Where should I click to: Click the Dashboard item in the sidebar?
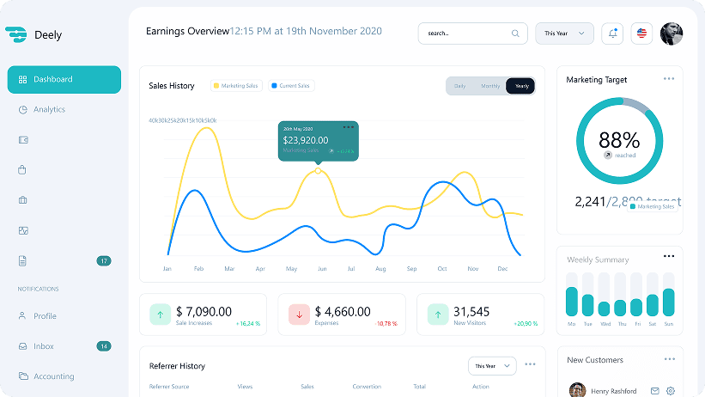(64, 79)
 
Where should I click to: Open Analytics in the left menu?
(49, 109)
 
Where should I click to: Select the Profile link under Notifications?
(45, 316)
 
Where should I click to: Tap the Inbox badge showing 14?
(104, 346)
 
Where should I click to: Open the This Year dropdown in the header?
(564, 34)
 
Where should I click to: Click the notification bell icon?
(612, 34)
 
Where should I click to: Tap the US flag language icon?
(641, 34)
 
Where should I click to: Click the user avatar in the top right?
(672, 34)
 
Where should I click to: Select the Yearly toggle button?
(520, 86)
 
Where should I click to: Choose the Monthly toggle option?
(490, 86)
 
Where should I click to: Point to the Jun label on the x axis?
(322, 269)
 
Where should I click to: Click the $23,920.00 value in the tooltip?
(305, 140)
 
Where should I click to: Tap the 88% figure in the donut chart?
(619, 139)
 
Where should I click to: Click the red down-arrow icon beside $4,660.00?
(299, 314)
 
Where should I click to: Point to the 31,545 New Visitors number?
(471, 311)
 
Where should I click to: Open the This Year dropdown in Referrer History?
(492, 366)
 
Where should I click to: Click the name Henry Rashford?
(614, 391)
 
